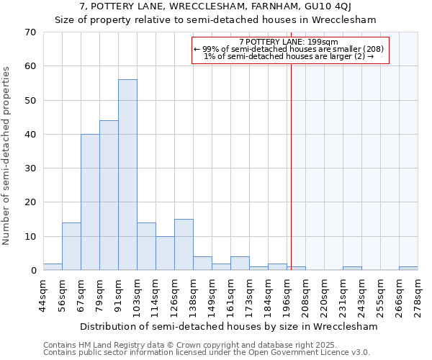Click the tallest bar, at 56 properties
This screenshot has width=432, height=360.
[x=127, y=175]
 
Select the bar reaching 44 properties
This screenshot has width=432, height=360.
[x=109, y=195]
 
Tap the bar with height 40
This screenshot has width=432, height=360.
[x=90, y=202]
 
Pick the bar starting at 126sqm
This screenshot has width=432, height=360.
[x=184, y=245]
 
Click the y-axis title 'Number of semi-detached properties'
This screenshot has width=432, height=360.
[x=7, y=156]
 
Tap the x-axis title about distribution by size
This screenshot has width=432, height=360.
[x=229, y=326]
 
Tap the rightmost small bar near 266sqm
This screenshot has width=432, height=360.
[x=408, y=269]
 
